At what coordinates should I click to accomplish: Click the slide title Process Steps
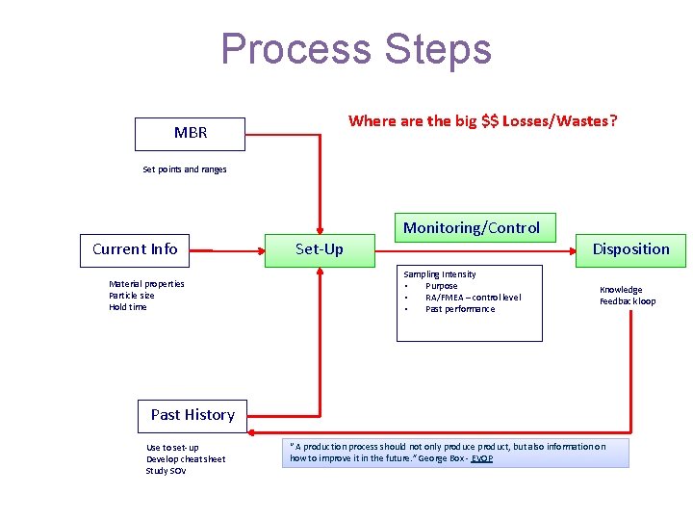coord(355,49)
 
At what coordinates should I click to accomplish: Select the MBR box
coord(190,133)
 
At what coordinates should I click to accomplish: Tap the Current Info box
coord(135,249)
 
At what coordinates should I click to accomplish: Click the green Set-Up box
coord(319,249)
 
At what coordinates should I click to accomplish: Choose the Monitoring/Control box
coord(471,227)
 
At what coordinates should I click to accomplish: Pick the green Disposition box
coord(630,249)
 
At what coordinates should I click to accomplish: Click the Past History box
coord(192,415)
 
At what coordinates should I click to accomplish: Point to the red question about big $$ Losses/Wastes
coord(482,120)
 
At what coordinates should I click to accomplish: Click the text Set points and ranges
coord(185,169)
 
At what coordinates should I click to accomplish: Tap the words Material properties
coord(146,284)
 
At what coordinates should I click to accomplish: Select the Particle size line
coord(132,296)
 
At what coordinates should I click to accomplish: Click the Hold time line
coord(128,307)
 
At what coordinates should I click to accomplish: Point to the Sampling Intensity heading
coord(439,274)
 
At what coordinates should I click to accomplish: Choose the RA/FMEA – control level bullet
coord(473,298)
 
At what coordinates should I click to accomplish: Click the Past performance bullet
coord(460,309)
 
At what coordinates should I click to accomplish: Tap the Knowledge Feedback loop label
coord(628,296)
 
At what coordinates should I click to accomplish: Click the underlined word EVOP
coord(481,458)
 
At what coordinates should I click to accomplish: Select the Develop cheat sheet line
coord(186,459)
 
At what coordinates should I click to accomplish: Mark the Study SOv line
coord(166,471)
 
